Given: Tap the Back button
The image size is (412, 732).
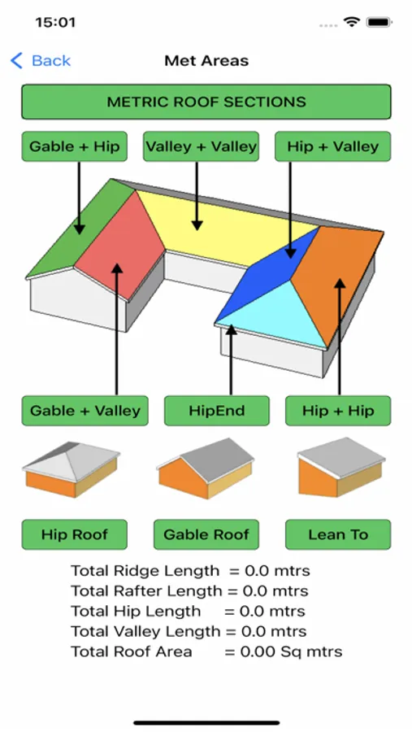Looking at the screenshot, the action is (41, 61).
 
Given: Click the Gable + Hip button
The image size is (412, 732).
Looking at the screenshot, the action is (74, 146).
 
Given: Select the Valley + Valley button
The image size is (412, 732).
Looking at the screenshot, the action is (201, 146).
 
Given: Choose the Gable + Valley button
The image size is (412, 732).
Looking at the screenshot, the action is (85, 411).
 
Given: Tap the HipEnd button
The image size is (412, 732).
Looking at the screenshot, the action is (216, 411).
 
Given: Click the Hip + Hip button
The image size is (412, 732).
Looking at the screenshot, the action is (338, 411).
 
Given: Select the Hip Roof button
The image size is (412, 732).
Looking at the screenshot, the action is (74, 534).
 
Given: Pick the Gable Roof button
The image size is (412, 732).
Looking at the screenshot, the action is (206, 534).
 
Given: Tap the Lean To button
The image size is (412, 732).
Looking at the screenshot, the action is (338, 534).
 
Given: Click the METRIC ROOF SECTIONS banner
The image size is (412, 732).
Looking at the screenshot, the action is (206, 102).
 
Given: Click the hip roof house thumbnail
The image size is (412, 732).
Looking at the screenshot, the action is (71, 468).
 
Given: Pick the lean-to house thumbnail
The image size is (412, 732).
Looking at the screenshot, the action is (341, 468).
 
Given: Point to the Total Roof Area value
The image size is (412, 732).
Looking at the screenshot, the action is (291, 651).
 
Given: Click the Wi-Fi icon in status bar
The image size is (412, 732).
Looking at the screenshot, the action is (351, 21).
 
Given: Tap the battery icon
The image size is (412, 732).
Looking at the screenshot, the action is (379, 22).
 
